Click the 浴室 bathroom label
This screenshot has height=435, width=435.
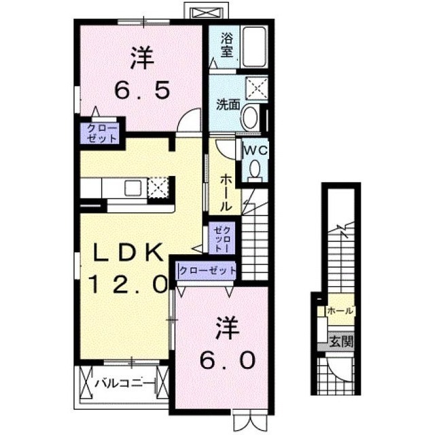coord(226,46)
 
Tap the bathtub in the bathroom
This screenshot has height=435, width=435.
coord(254,46)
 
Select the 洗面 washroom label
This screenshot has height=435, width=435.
coord(228,105)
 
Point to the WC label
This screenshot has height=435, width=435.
coord(256,150)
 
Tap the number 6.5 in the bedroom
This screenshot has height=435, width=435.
coord(142,91)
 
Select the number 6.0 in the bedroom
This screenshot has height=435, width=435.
coord(228,360)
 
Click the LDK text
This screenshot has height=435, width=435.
coord(128,252)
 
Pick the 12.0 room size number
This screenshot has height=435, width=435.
coord(128,285)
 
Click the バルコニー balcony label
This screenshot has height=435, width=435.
coord(124,383)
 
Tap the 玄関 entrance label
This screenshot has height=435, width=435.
coord(341,341)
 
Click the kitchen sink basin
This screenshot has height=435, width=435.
coord(133,188)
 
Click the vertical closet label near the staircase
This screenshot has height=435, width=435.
coord(222,239)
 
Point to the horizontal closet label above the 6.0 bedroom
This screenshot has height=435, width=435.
coord(207,270)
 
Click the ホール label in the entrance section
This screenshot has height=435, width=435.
coord(341,311)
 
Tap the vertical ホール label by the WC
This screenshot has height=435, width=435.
coord(226,192)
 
